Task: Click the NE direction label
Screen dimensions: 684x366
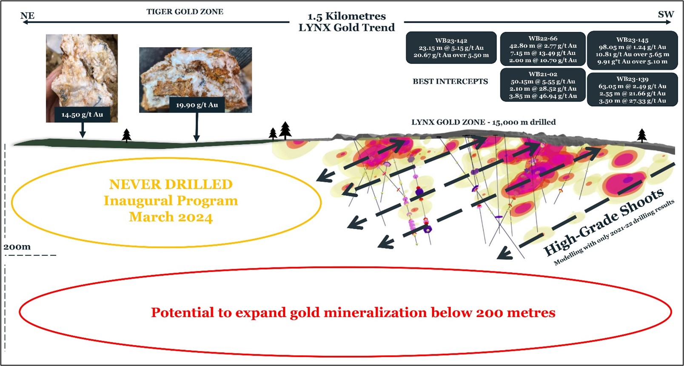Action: pyautogui.click(x=28, y=16)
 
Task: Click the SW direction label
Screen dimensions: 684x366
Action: pyautogui.click(x=666, y=14)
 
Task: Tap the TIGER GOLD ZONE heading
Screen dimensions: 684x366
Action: pyautogui.click(x=185, y=11)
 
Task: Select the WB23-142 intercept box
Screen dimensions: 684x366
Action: pyautogui.click(x=451, y=48)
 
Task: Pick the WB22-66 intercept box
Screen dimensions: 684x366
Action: pyautogui.click(x=543, y=49)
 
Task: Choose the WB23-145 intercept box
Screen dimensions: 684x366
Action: pyautogui.click(x=633, y=50)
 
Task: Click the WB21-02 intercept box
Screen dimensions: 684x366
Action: pyautogui.click(x=543, y=85)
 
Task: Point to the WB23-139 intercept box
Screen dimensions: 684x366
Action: pyautogui.click(x=633, y=89)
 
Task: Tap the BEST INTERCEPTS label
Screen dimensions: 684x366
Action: pyautogui.click(x=450, y=82)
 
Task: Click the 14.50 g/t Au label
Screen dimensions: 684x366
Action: pyautogui.click(x=82, y=115)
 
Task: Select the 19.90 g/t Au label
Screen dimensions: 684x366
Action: pyautogui.click(x=197, y=105)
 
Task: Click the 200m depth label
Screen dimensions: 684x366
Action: pyautogui.click(x=17, y=247)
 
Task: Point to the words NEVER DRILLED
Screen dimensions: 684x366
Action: pyautogui.click(x=171, y=184)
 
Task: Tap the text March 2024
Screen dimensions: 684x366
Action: pyautogui.click(x=171, y=217)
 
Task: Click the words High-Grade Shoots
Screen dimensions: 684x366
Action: pyautogui.click(x=604, y=222)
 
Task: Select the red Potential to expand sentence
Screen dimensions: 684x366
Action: pyautogui.click(x=353, y=312)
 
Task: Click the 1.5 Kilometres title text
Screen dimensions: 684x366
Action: pyautogui.click(x=347, y=16)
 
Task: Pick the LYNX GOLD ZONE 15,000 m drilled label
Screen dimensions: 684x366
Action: pyautogui.click(x=484, y=122)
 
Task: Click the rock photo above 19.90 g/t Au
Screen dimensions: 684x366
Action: pyautogui.click(x=195, y=79)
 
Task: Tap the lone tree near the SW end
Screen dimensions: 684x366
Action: pyautogui.click(x=642, y=136)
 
